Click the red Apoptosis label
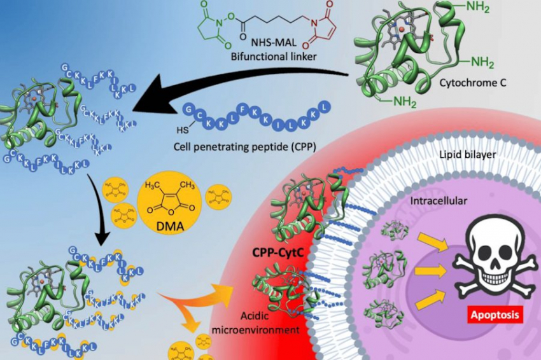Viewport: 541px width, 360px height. pyautogui.click(x=494, y=314)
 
